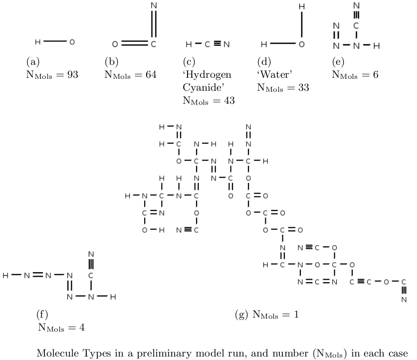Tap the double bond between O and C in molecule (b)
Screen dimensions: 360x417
coord(134,44)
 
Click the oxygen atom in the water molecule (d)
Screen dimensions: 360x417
coord(301,44)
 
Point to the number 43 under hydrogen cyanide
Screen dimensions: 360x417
coord(228,100)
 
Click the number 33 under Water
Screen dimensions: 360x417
coord(302,88)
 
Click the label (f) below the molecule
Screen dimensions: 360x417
coord(42,315)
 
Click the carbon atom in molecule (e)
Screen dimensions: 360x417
coord(357,24)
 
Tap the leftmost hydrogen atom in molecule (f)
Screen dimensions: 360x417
coord(5,275)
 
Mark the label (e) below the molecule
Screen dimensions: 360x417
coord(338,62)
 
